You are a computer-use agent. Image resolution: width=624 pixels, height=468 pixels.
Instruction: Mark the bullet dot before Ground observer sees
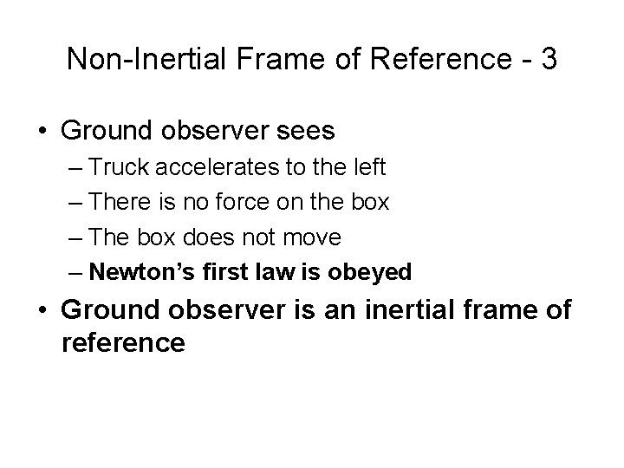click(x=43, y=132)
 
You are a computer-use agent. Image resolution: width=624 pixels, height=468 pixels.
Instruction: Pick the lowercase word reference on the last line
click(x=123, y=342)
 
